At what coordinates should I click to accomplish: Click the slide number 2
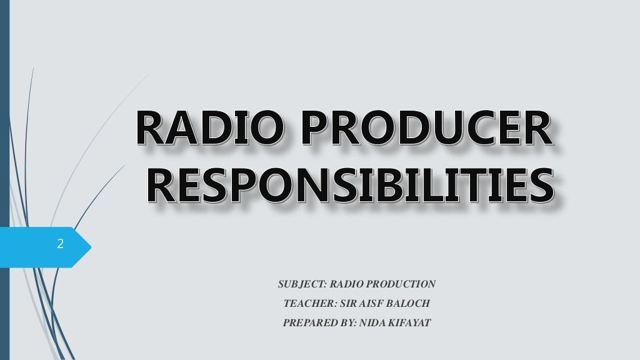point(60,244)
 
